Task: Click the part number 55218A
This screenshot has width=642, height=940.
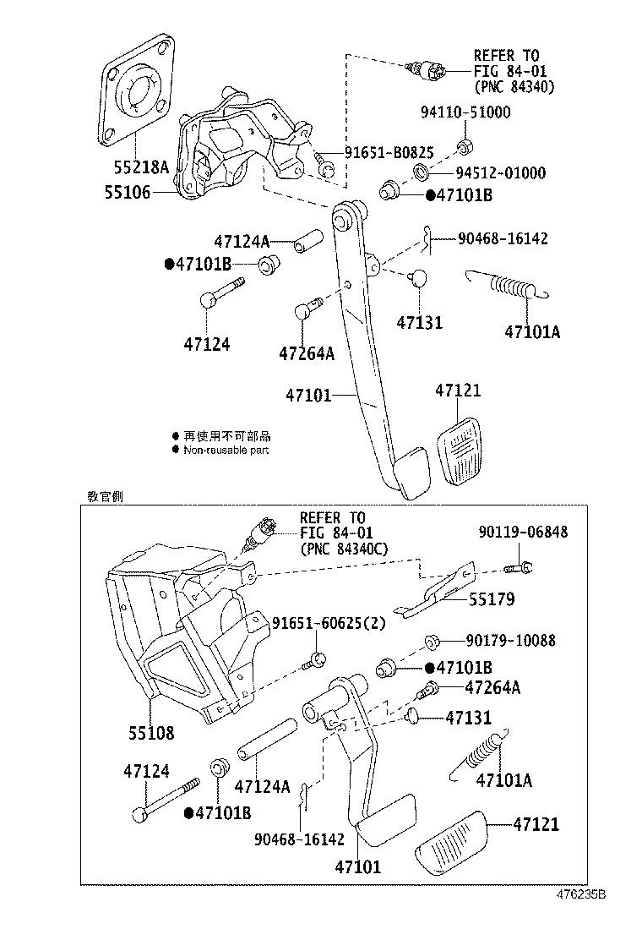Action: (141, 167)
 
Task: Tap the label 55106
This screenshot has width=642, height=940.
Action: (128, 192)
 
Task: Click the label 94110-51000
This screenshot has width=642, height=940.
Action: (465, 112)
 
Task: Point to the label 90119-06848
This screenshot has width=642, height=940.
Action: (523, 532)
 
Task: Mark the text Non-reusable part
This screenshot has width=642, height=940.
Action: (226, 451)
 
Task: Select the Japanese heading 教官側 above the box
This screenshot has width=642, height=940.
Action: (105, 496)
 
